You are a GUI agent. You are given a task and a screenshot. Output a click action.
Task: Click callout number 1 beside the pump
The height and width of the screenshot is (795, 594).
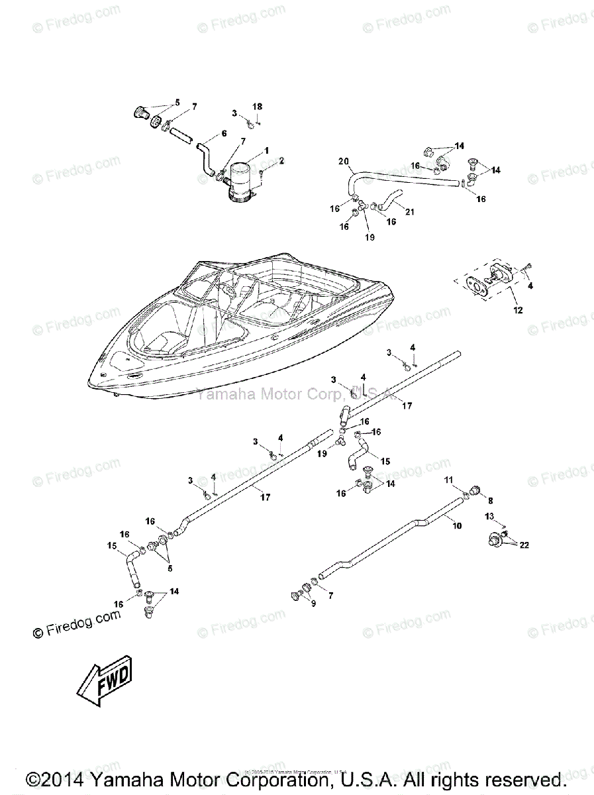[266, 151]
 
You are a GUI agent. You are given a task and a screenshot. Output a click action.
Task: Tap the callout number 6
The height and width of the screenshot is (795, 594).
[224, 133]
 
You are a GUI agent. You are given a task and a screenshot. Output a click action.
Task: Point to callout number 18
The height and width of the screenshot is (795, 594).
[258, 107]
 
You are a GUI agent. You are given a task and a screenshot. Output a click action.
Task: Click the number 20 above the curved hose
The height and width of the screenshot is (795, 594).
[343, 161]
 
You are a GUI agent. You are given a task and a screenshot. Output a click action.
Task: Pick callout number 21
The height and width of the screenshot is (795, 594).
[409, 212]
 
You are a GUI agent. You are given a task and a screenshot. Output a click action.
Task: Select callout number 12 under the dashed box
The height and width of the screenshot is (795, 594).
[518, 310]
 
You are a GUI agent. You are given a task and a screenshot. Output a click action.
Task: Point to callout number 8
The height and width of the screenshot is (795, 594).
[491, 501]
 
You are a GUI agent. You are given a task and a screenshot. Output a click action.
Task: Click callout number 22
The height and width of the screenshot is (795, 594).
[523, 545]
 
